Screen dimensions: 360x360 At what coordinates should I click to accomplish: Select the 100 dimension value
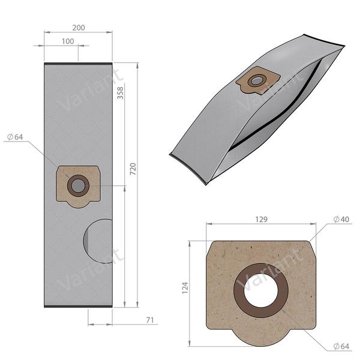tap(67, 41)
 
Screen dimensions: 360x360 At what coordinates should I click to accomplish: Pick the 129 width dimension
tap(260, 220)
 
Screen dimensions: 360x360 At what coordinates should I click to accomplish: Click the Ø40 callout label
tap(343, 220)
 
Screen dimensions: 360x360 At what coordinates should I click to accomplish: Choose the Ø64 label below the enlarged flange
tap(343, 346)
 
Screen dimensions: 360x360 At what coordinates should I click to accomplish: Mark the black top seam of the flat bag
tap(78, 64)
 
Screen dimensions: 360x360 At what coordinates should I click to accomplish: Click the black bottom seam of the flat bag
tap(78, 307)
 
